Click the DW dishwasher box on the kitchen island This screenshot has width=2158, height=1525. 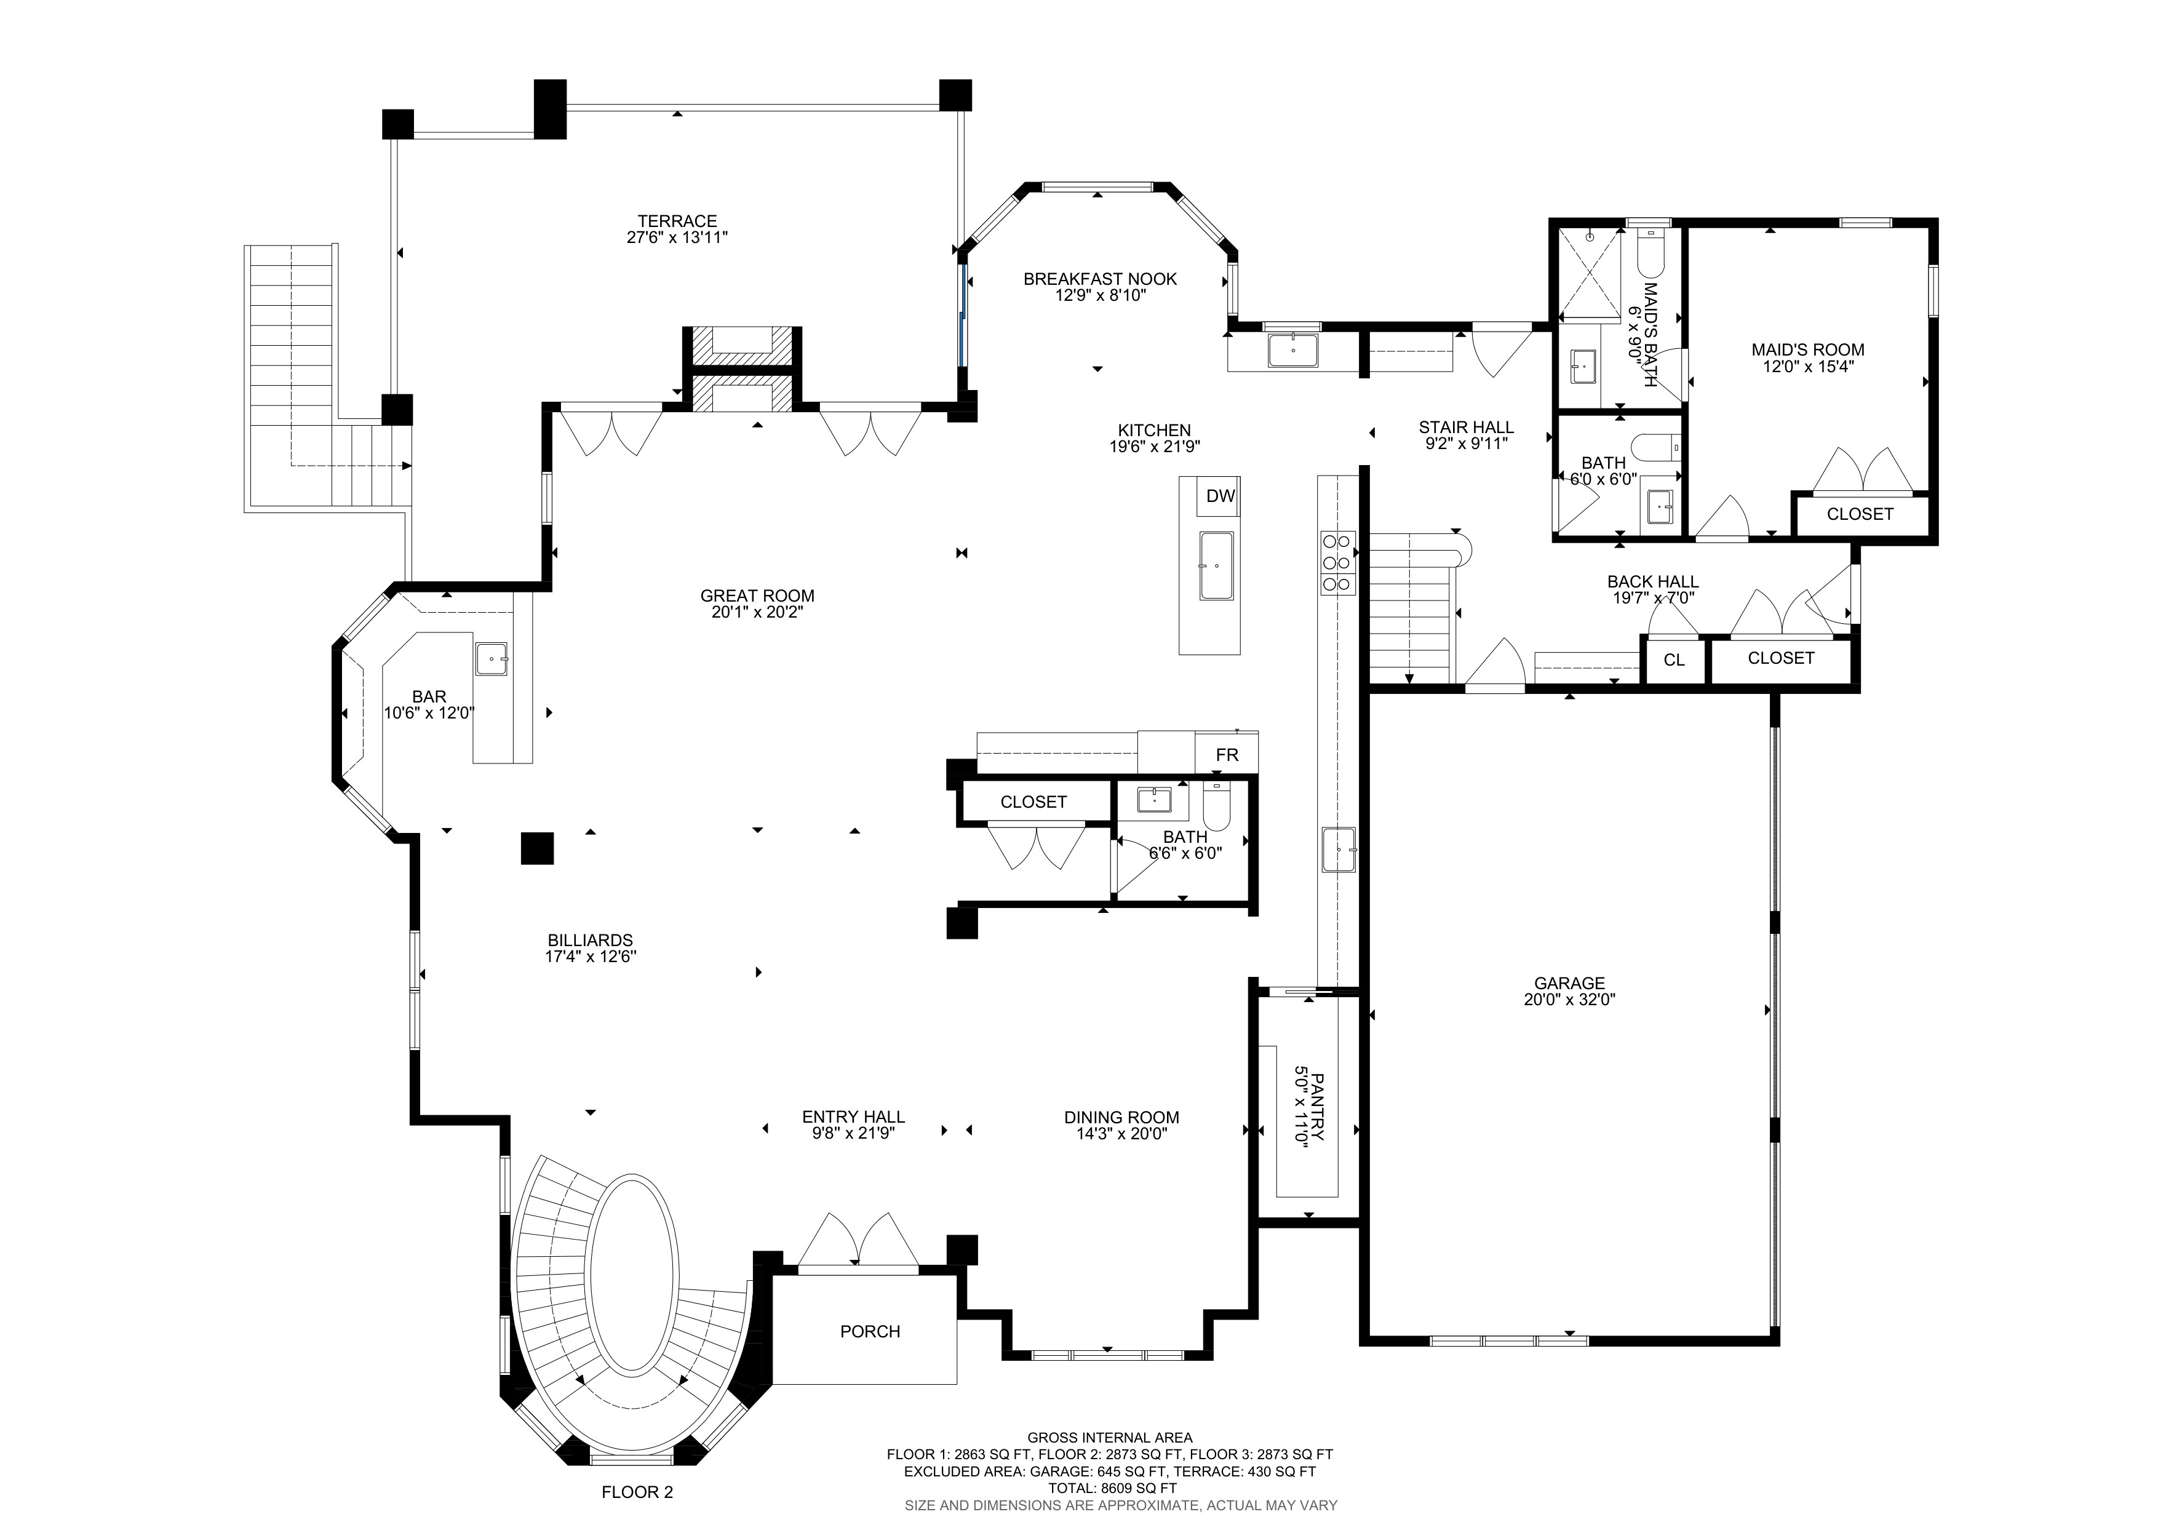(x=1219, y=496)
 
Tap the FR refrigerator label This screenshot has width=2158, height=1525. (x=1227, y=755)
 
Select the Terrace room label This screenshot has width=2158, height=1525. (x=677, y=221)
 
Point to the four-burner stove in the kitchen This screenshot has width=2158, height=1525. (x=1337, y=563)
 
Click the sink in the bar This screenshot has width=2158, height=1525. (x=491, y=659)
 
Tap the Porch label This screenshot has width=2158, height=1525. (x=869, y=1331)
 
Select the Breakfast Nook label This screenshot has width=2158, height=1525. (x=1100, y=279)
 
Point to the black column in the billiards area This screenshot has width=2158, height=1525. (x=536, y=848)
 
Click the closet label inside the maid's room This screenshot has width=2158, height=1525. (x=1859, y=514)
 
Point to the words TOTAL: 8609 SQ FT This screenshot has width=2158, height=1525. (x=1112, y=1488)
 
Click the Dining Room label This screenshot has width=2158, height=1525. (x=1120, y=1117)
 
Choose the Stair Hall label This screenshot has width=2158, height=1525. (x=1465, y=428)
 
